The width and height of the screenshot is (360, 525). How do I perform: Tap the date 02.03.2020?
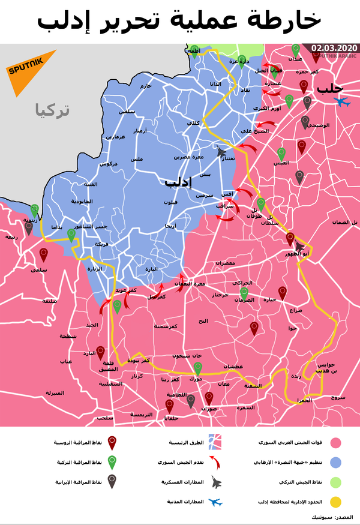point(334,48)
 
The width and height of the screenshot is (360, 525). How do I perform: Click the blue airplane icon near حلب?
point(343,102)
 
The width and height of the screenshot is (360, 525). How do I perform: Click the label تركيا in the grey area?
point(52,110)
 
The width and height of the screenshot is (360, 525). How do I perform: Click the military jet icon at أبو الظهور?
point(298,247)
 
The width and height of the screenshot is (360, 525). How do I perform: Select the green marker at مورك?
point(198,368)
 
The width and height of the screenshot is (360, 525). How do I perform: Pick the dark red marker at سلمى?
point(43,255)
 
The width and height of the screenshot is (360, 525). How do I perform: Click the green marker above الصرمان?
point(244,293)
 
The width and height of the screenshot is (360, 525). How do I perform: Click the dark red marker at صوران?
point(209,398)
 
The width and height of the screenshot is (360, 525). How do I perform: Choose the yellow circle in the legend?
point(336,502)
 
